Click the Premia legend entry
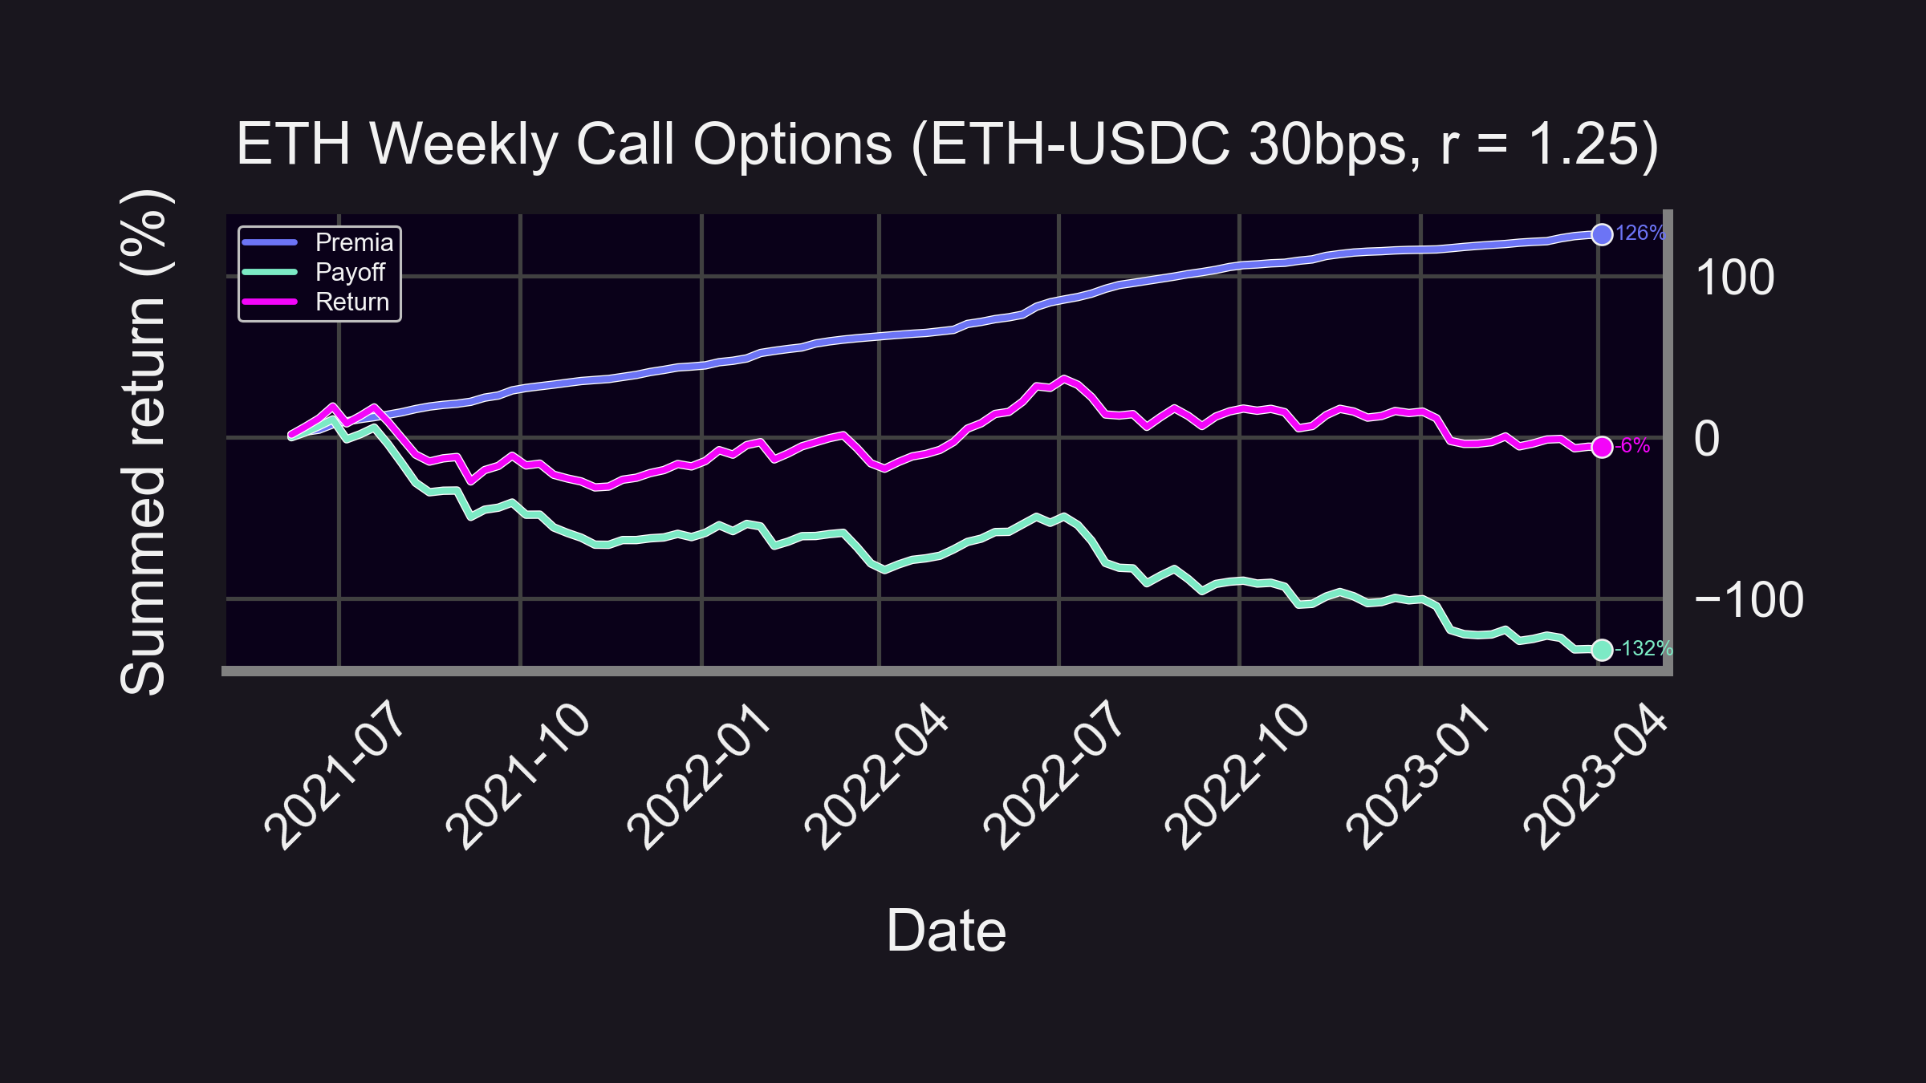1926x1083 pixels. coord(354,242)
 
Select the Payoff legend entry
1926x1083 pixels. coord(350,272)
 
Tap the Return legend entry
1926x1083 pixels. coord(351,302)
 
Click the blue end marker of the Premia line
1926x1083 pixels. coord(1602,234)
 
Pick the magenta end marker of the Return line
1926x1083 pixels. coord(1602,447)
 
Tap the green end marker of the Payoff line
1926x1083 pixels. coord(1602,650)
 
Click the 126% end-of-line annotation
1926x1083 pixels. coord(1640,233)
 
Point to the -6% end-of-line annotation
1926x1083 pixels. coord(1632,446)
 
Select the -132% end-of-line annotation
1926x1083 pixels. coord(1644,648)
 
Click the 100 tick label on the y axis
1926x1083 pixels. coord(1734,278)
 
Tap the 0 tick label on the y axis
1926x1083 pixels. coord(1707,440)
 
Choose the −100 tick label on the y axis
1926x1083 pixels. coord(1749,600)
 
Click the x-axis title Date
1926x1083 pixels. coord(946,931)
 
